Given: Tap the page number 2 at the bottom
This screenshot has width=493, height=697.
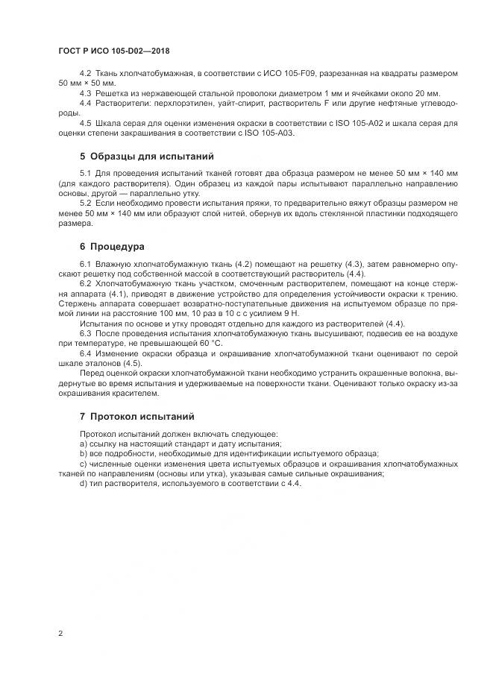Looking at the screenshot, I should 60,634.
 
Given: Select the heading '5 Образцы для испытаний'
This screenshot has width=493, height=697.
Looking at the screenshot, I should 146,157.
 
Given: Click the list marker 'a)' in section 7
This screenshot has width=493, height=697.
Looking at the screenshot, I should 83,444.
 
